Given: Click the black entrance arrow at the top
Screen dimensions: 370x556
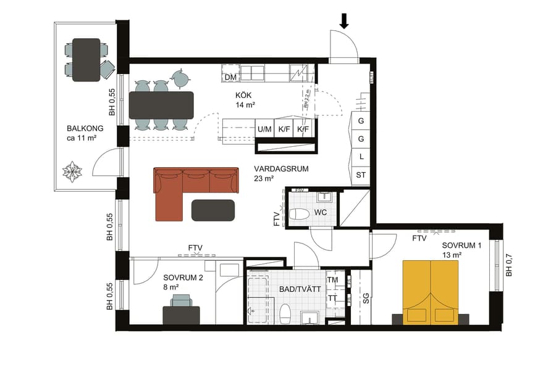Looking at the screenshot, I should (344, 22).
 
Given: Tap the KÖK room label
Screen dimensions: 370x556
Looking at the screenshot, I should (243, 96).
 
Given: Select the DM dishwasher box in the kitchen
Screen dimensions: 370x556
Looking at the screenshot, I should (231, 77).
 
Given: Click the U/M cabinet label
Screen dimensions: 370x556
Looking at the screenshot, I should (265, 129).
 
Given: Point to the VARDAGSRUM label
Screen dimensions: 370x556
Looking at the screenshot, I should (281, 168).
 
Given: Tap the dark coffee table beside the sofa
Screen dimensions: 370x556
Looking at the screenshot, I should (213, 210).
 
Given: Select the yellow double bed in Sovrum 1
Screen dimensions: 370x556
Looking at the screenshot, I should (431, 291).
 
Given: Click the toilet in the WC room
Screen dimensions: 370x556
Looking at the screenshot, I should (299, 215).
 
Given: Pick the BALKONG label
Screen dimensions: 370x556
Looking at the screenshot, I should (85, 129).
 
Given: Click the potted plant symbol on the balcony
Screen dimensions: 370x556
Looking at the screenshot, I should (74, 171).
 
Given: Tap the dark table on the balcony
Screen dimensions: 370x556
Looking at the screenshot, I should (86, 60).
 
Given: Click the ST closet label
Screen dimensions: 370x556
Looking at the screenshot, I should (361, 175).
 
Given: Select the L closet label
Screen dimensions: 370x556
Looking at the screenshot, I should (361, 157).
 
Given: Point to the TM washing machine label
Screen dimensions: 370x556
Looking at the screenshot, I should (332, 280).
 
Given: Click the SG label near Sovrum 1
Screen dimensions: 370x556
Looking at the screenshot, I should (366, 298).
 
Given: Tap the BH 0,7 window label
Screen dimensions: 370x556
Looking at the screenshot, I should (509, 265).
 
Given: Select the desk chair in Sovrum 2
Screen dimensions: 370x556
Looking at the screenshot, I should (182, 300).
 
